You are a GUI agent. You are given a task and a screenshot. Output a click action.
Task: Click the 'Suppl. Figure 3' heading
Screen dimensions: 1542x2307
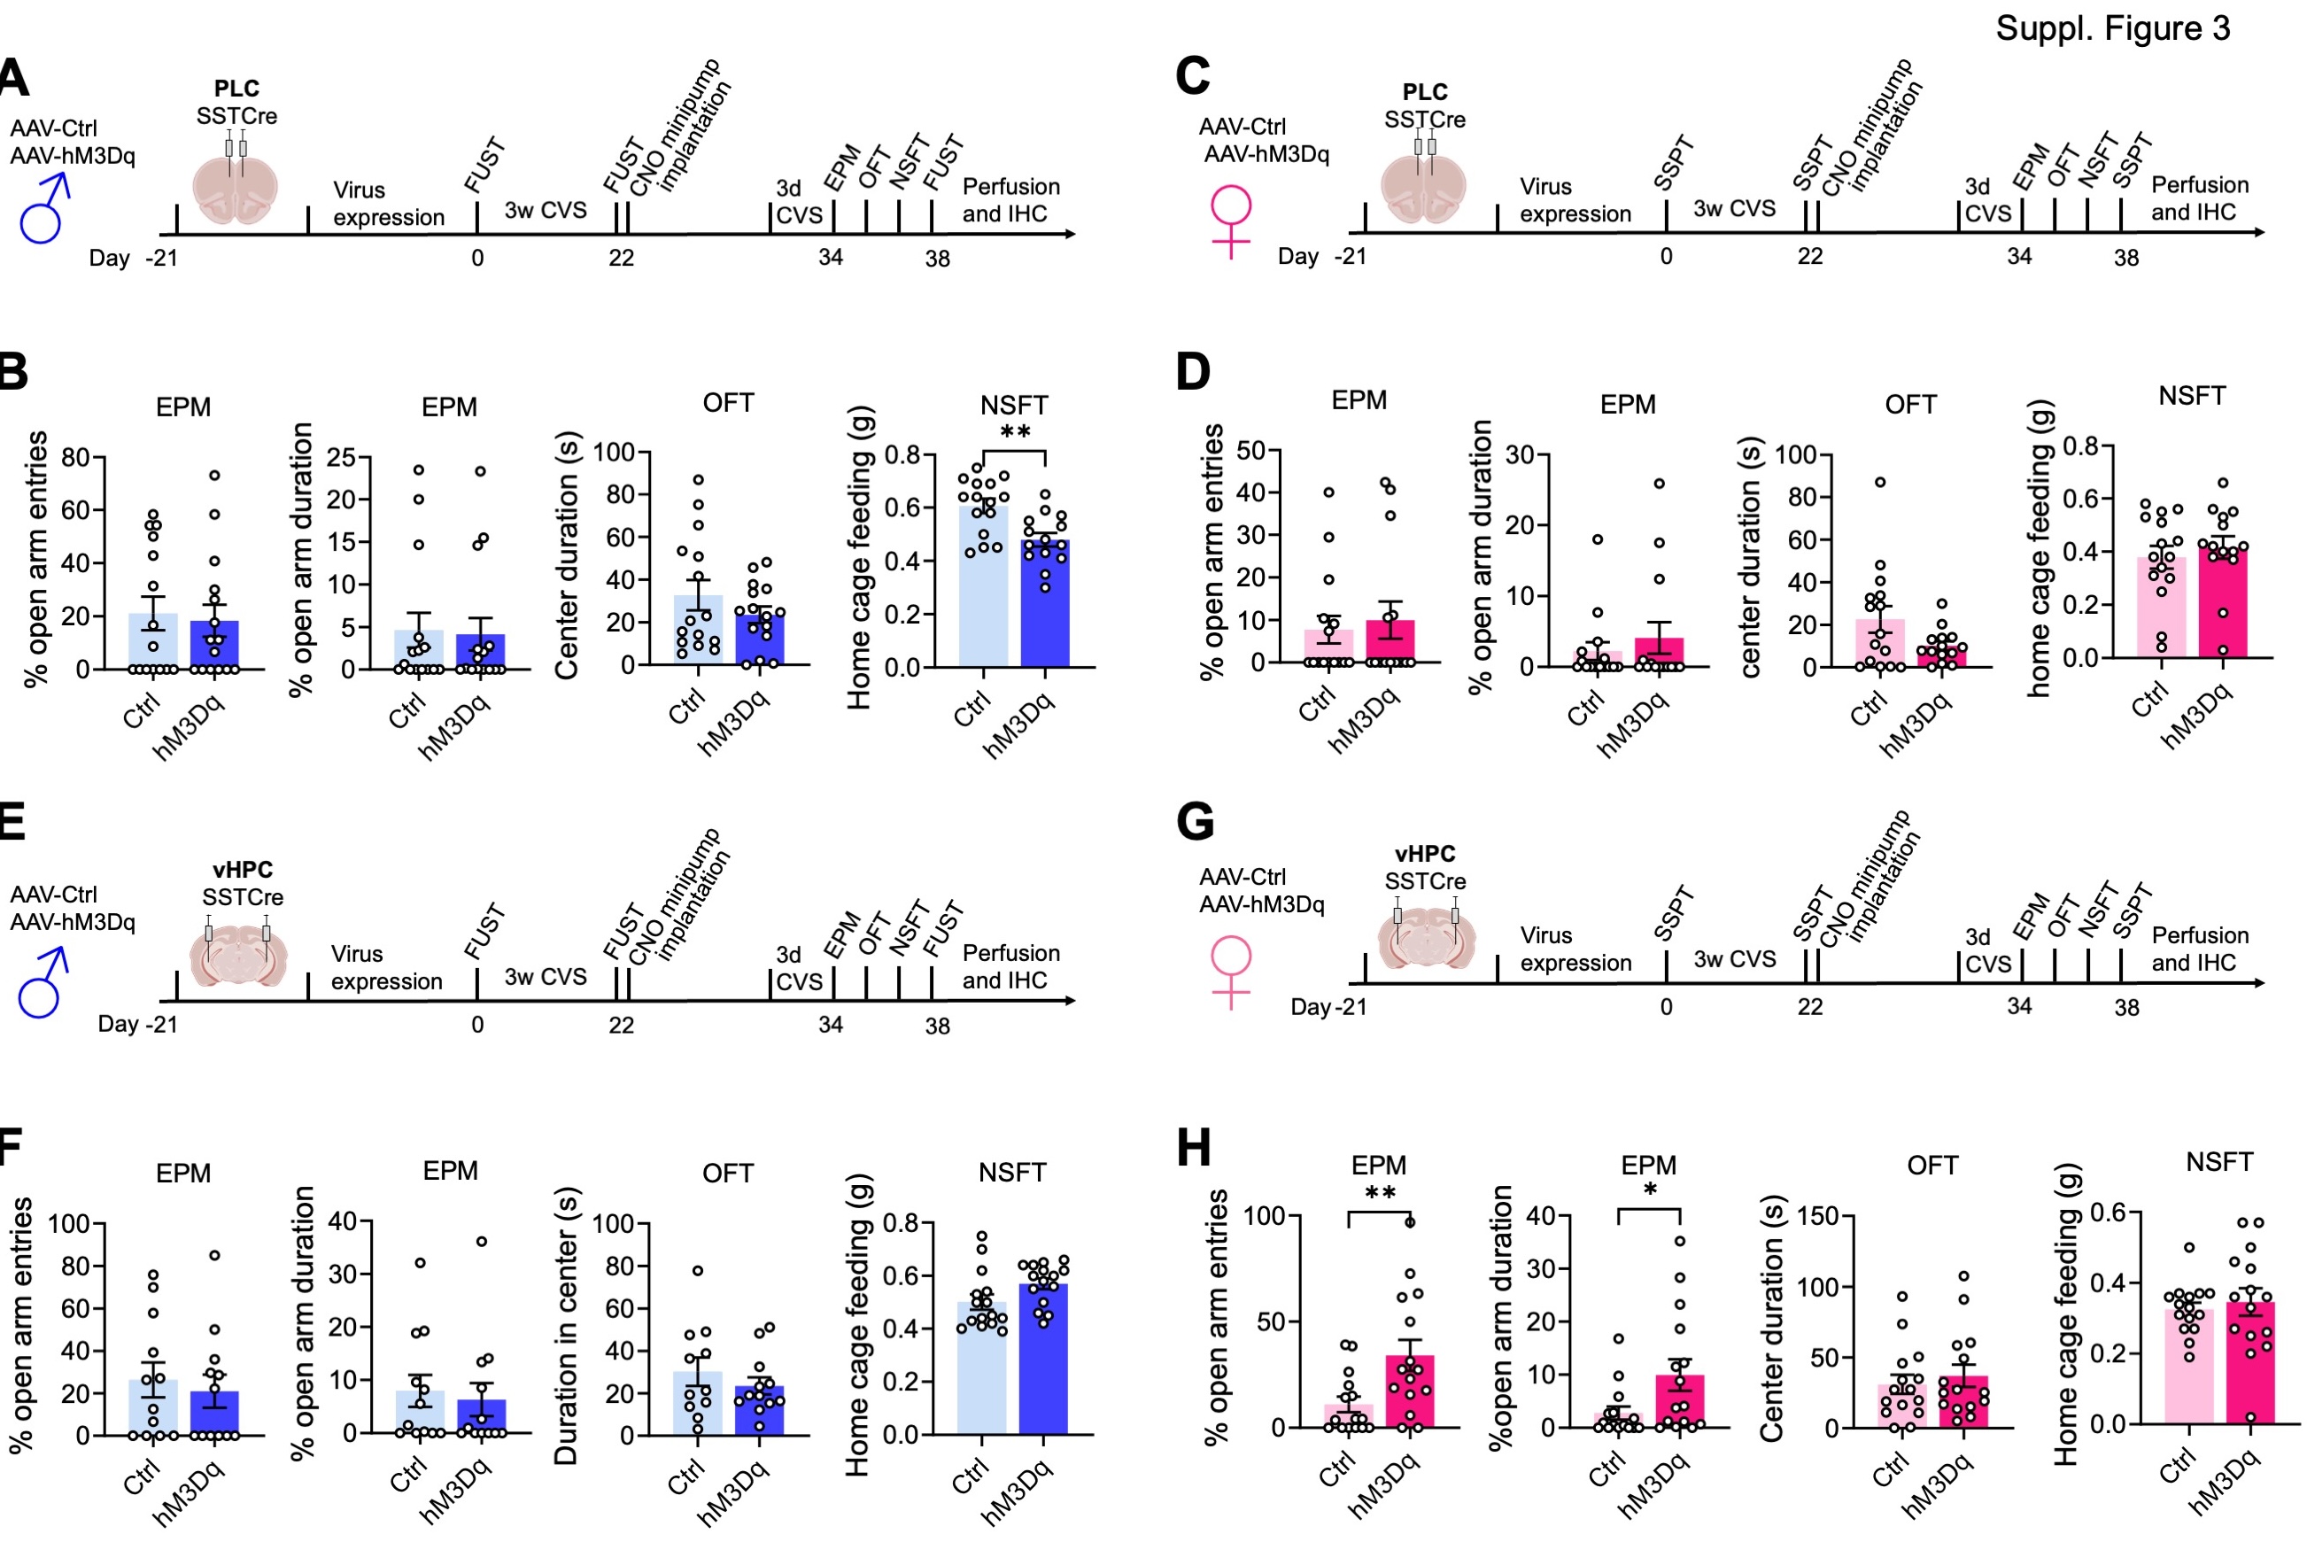[x=2111, y=28]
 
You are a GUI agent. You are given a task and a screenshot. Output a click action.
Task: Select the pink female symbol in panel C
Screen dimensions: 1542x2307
[x=1230, y=221]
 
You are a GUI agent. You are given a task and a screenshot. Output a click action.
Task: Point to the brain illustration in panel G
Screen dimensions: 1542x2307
[x=1426, y=936]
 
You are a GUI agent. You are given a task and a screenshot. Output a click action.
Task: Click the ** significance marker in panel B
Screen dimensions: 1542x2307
[x=1015, y=433]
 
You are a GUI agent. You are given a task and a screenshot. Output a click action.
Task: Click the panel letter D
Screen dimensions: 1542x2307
[x=1193, y=372]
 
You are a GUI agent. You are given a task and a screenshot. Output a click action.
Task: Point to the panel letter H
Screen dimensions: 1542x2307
[x=1194, y=1147]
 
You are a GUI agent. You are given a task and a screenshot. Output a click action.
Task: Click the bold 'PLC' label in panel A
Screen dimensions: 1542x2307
[x=236, y=89]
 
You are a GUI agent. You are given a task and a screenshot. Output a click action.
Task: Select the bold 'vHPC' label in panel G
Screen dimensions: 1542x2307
[x=1424, y=854]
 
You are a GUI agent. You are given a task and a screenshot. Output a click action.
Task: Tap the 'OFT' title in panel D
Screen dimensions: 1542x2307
[x=1909, y=404]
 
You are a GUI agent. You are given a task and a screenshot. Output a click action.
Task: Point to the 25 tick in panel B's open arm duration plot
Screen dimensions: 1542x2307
[x=341, y=457]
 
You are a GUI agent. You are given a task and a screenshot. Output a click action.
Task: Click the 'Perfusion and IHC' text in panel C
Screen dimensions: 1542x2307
[x=2199, y=198]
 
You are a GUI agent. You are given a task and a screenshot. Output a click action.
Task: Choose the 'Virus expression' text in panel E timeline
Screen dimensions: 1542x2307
[x=386, y=968]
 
